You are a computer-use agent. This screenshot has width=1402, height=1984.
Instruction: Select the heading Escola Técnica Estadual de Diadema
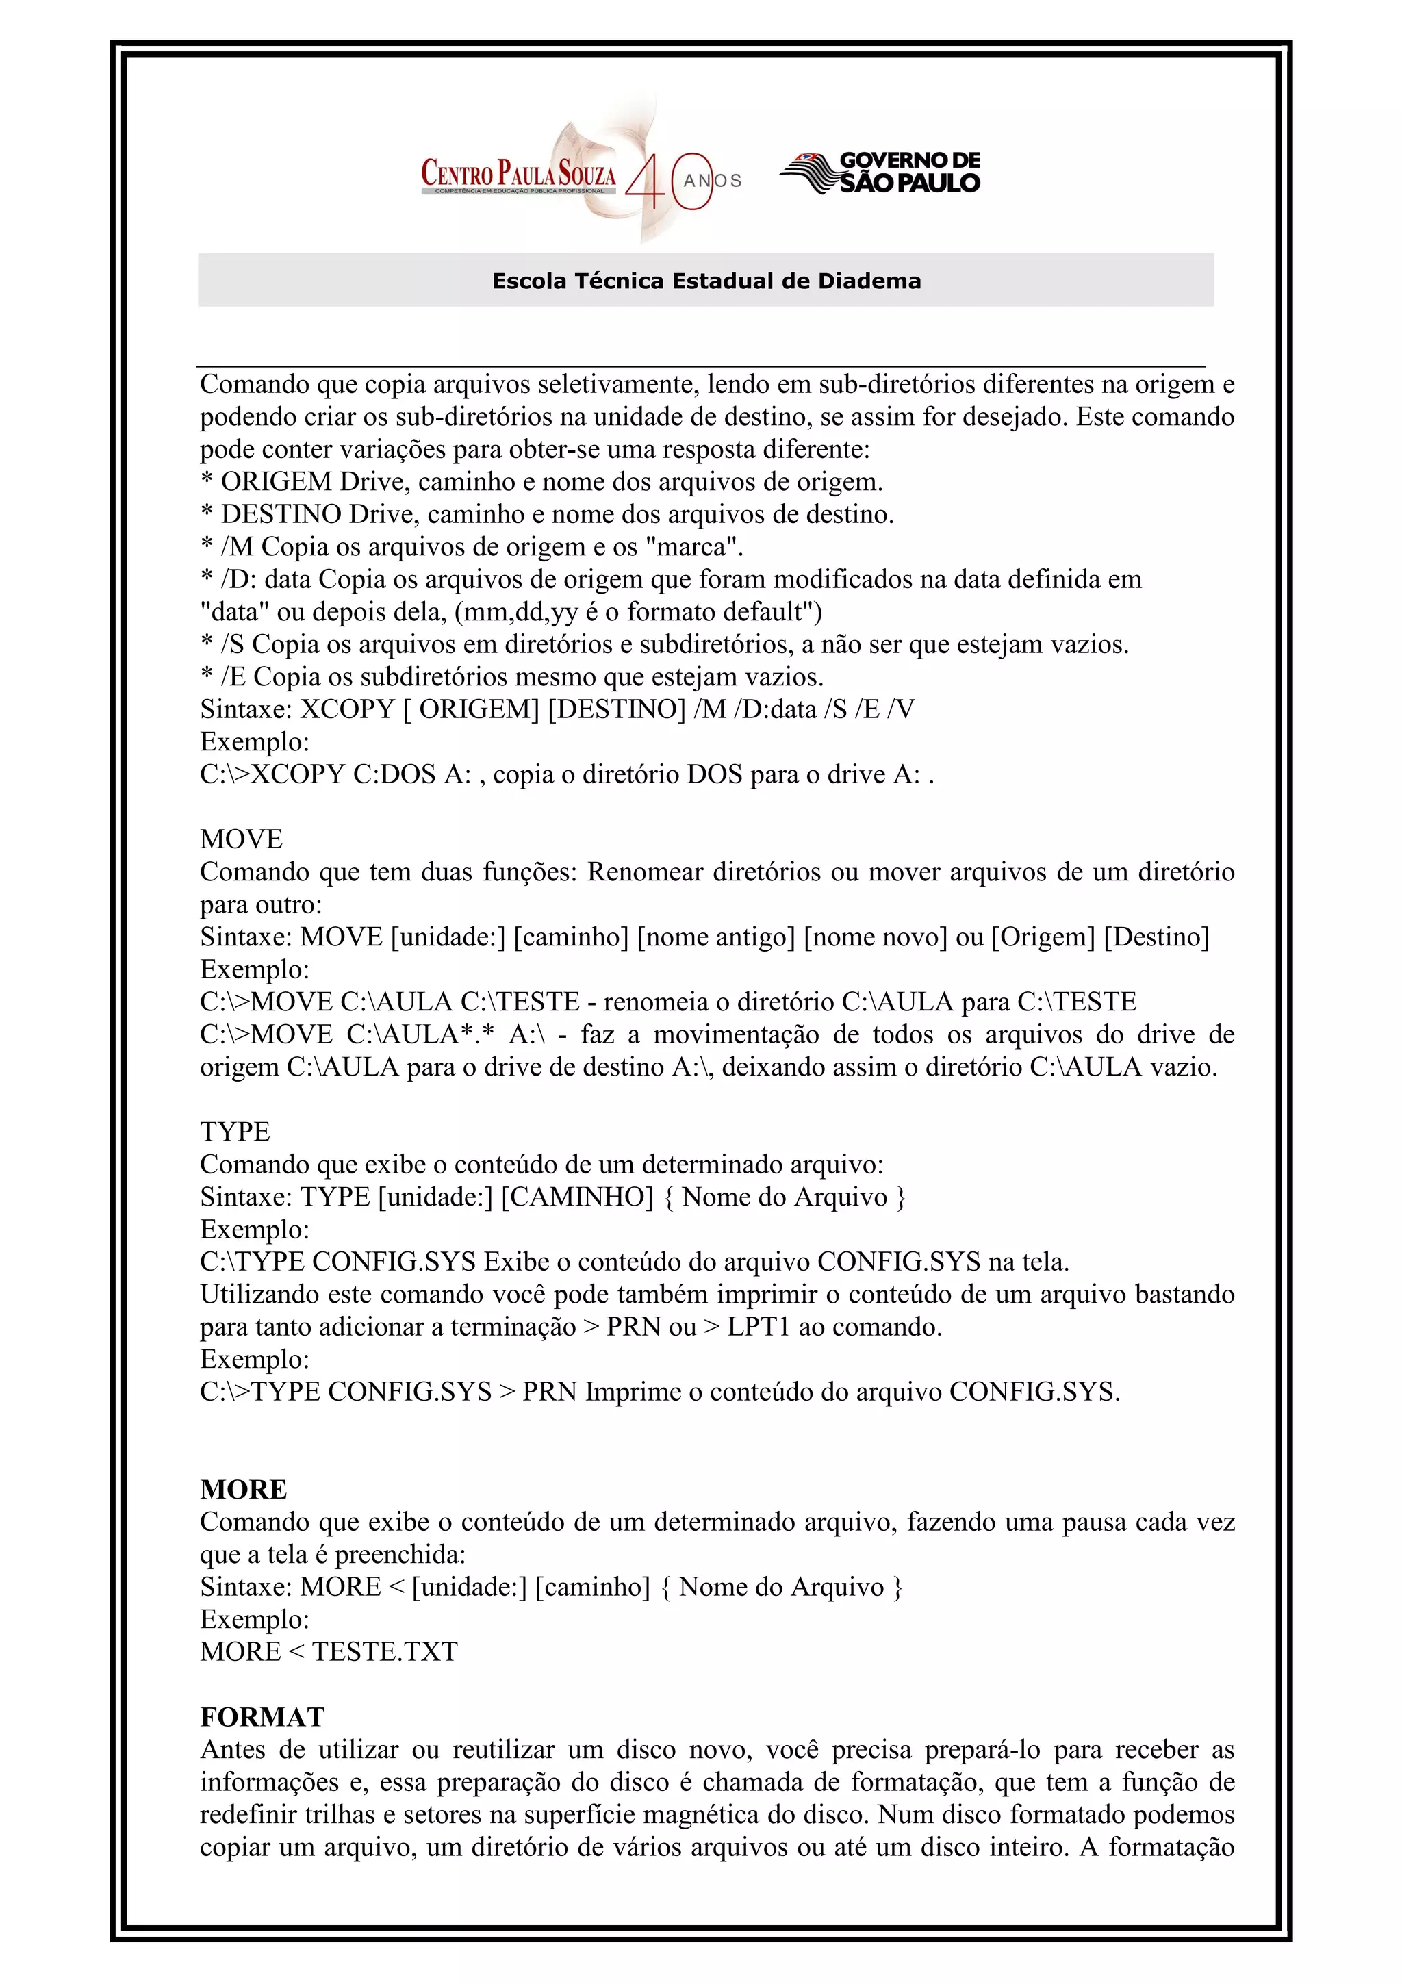pyautogui.click(x=706, y=281)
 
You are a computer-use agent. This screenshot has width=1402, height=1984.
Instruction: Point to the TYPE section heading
pyautogui.click(x=235, y=1131)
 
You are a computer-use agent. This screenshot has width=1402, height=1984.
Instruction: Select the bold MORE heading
pyautogui.click(x=244, y=1489)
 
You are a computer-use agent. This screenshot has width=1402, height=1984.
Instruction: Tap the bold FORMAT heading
pyautogui.click(x=262, y=1716)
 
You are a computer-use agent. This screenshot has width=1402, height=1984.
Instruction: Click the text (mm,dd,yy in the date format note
pyautogui.click(x=515, y=612)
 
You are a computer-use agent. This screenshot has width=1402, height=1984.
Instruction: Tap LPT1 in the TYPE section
pyautogui.click(x=759, y=1326)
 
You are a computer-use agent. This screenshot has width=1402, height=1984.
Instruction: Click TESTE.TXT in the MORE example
pyautogui.click(x=385, y=1651)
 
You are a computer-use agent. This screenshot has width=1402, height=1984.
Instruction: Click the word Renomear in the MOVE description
pyautogui.click(x=646, y=872)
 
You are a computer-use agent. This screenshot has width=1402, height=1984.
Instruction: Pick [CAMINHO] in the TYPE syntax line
pyautogui.click(x=577, y=1197)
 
